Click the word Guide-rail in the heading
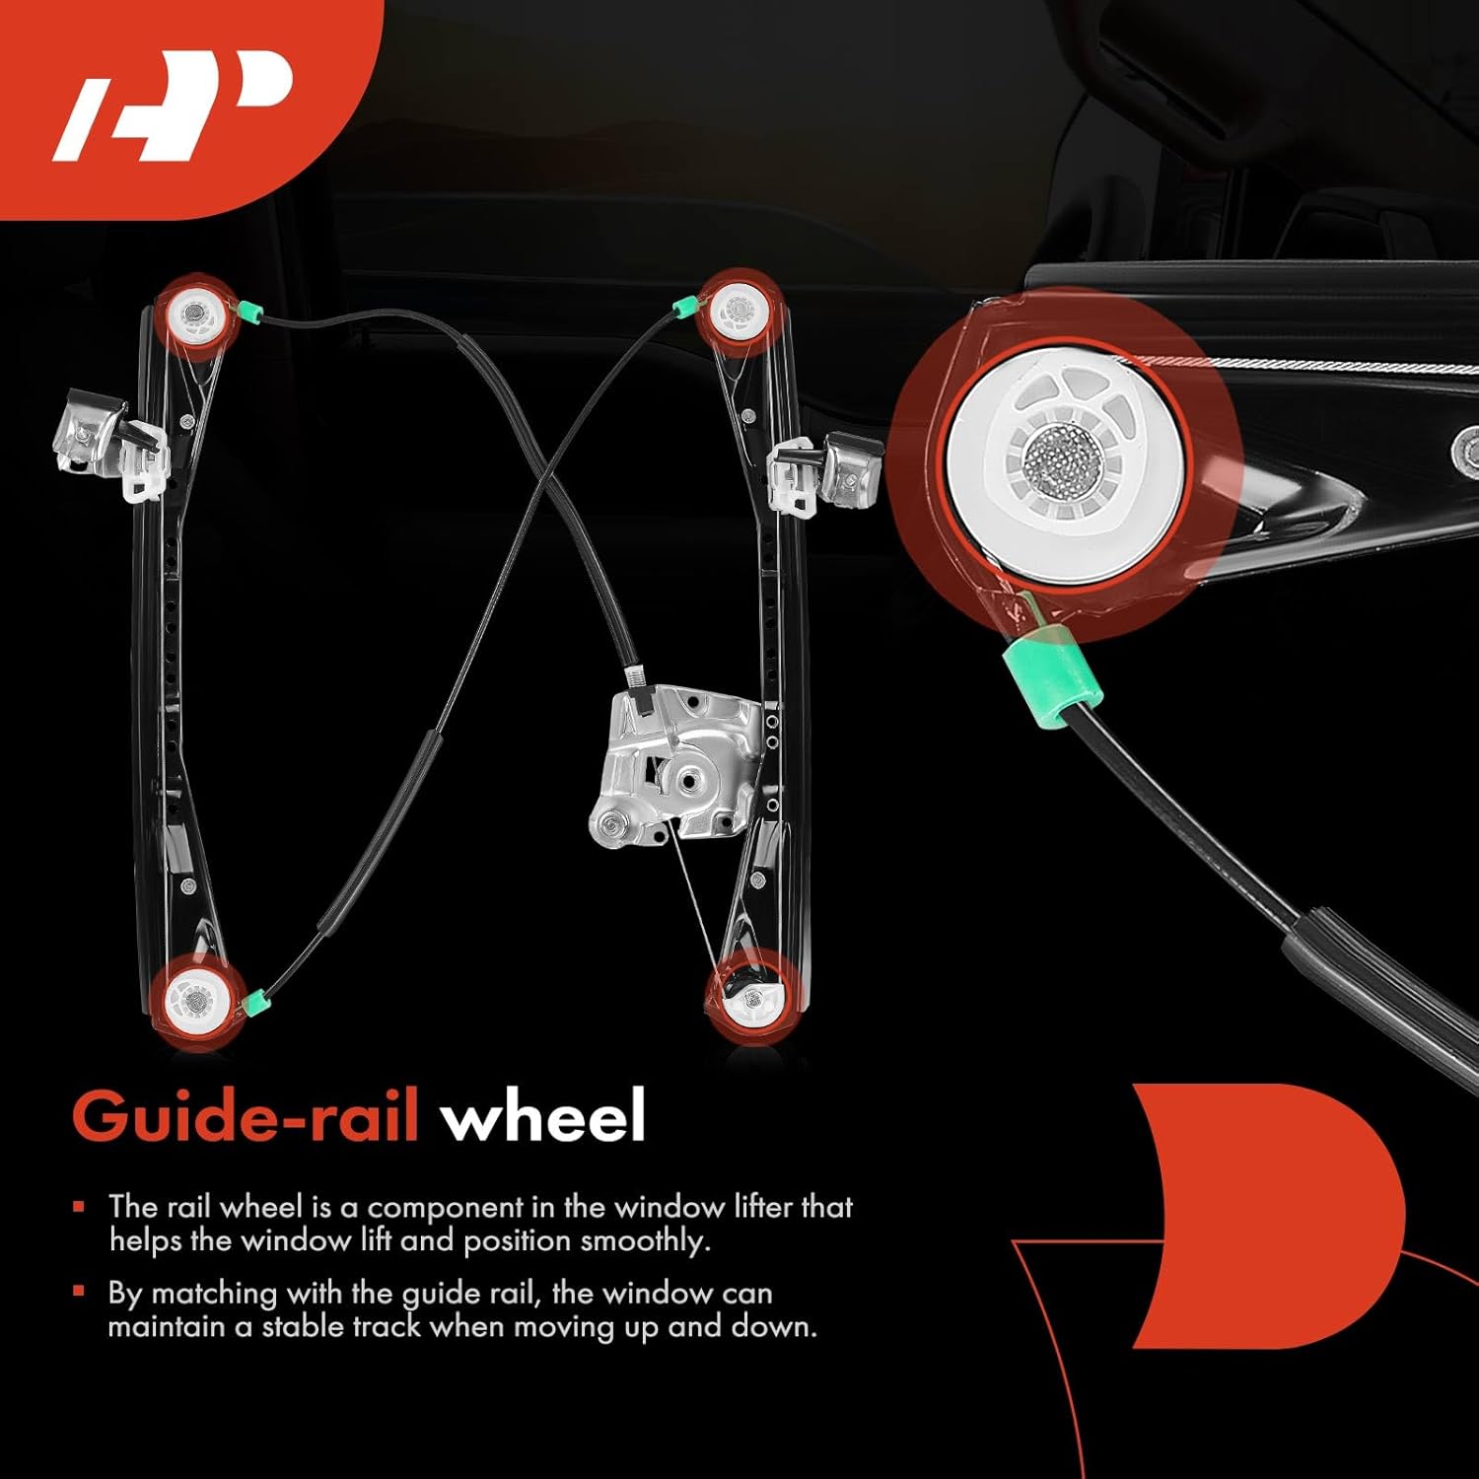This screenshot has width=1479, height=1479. (246, 1117)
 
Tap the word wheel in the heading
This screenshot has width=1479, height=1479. (543, 1117)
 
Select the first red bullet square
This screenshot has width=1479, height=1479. (80, 1206)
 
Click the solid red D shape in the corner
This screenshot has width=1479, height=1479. (1272, 1213)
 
